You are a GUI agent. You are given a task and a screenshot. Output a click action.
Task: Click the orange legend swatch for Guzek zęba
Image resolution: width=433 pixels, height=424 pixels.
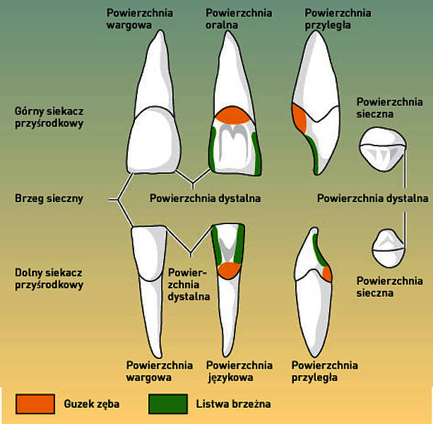click(x=35, y=404)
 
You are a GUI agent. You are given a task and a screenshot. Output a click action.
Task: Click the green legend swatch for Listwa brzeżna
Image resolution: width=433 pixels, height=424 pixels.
click(x=168, y=404)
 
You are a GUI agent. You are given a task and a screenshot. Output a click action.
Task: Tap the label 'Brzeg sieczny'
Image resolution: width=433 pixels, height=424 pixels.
click(x=49, y=199)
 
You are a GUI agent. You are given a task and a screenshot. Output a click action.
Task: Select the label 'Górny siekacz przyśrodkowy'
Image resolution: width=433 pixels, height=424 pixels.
click(x=49, y=117)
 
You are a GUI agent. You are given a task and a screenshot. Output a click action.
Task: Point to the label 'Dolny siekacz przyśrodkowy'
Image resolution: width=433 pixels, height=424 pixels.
click(x=49, y=278)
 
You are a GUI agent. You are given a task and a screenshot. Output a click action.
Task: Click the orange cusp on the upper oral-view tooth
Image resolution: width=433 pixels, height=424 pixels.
click(x=233, y=115)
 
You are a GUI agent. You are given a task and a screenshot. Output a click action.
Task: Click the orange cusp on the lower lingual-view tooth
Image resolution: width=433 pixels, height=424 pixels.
click(x=229, y=270)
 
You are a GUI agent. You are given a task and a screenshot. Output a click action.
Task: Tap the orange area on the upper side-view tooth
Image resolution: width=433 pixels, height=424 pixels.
click(x=299, y=118)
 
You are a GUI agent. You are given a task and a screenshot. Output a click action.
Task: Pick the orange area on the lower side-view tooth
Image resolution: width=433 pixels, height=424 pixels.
click(x=327, y=273)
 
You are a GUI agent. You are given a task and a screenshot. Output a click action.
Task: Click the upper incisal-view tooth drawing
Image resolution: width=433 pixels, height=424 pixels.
click(x=383, y=149)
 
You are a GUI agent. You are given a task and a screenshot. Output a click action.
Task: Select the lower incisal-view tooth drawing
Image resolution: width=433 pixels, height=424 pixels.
click(x=388, y=248)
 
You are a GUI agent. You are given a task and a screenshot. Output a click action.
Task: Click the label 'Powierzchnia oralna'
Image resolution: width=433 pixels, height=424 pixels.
click(x=239, y=19)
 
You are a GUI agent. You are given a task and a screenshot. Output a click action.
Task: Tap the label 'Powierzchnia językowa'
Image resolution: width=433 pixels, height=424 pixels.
click(x=239, y=371)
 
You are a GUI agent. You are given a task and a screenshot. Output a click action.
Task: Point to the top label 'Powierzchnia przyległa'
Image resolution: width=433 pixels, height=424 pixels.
click(x=338, y=19)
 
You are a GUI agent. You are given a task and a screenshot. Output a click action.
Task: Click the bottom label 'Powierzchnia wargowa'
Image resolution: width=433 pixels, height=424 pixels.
click(x=160, y=371)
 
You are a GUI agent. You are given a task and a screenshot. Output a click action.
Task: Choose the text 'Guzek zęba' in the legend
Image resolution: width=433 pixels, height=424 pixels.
click(x=91, y=404)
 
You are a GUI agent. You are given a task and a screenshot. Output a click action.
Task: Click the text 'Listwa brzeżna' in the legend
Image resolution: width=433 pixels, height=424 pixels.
click(x=233, y=404)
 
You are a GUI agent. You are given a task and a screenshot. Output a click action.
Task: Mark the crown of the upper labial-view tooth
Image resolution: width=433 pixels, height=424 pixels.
click(x=154, y=141)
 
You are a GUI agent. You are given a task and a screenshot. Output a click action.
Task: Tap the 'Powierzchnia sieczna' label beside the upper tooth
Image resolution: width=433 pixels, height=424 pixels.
click(x=389, y=108)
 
